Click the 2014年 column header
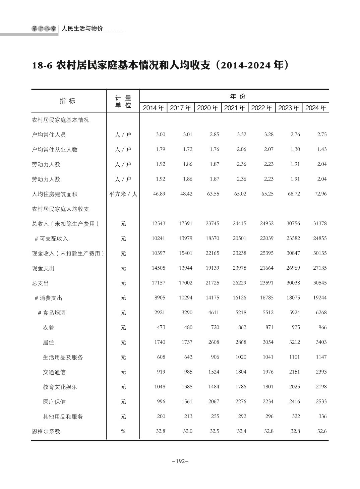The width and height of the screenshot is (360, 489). [x=154, y=108]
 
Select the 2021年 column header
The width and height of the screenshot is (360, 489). [x=235, y=108]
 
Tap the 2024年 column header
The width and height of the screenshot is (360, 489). [x=316, y=108]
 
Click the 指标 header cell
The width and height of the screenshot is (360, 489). [x=67, y=101]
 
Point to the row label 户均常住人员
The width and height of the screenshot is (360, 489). [x=49, y=135]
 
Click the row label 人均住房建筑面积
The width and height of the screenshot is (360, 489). [x=55, y=194]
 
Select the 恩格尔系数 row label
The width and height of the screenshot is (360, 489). [x=46, y=431]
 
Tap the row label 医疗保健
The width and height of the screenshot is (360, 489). [x=54, y=402]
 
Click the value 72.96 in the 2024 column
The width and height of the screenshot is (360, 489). [x=320, y=194]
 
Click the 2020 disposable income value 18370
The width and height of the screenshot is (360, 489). [x=213, y=238]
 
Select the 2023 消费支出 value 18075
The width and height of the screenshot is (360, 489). [x=293, y=297]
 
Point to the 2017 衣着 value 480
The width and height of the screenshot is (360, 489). [x=188, y=327]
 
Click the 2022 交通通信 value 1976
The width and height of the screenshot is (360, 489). [x=268, y=372]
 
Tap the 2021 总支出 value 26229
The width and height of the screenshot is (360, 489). [x=239, y=283]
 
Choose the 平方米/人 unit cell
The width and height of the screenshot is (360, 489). [x=123, y=194]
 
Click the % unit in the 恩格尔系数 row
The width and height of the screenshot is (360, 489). [x=123, y=431]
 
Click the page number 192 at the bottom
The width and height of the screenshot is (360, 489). [x=180, y=461]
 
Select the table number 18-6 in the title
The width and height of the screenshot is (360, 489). [x=42, y=65]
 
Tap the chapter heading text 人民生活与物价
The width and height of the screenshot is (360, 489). [x=82, y=29]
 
